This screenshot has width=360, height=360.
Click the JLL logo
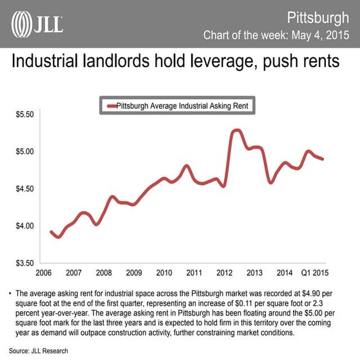(x=37, y=24)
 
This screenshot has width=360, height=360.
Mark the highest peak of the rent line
(x=236, y=130)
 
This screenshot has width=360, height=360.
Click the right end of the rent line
(x=323, y=159)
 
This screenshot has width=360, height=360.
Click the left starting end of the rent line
(x=51, y=231)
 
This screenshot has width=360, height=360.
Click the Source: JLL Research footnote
(x=38, y=351)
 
